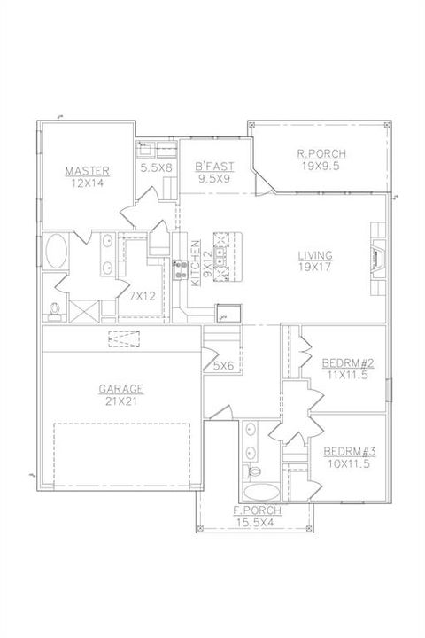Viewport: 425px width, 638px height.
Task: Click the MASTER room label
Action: tap(87, 170)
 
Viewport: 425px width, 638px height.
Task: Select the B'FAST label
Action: tap(212, 166)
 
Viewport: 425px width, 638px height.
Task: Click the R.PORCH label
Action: tap(321, 153)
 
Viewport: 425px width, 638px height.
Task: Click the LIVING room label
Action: tap(315, 255)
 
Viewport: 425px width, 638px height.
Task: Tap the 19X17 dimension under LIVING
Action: tap(315, 267)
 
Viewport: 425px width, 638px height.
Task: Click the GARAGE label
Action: tap(121, 388)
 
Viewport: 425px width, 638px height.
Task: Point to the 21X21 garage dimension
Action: tap(121, 400)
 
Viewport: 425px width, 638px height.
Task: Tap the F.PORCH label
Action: tap(258, 511)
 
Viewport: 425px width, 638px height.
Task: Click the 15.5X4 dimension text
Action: tap(258, 522)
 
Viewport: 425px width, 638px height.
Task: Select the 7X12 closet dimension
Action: tap(142, 295)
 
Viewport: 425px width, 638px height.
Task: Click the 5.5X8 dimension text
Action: tap(155, 166)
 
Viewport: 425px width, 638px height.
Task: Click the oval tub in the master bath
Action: tap(56, 252)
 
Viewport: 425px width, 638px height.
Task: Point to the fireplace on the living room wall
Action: tap(378, 258)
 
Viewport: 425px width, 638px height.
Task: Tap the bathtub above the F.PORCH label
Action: tap(259, 491)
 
